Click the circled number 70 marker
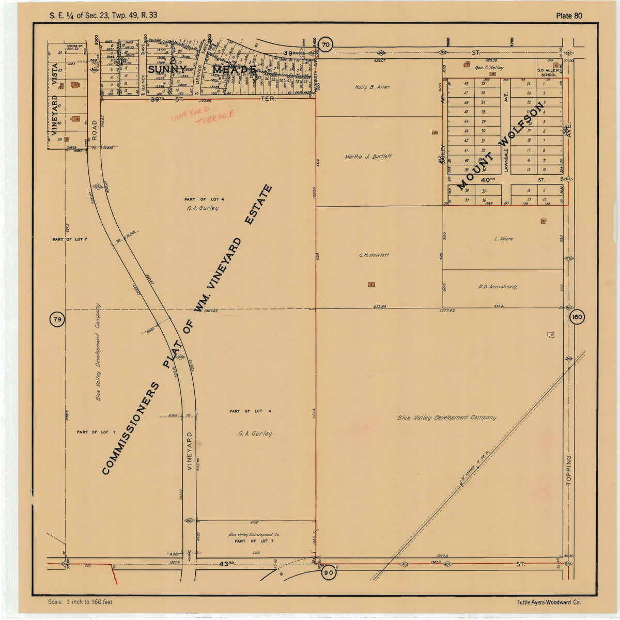tap(325, 45)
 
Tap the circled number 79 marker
tap(57, 320)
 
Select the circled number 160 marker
tap(577, 317)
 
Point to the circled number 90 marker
tap(328, 572)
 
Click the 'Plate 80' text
tap(569, 16)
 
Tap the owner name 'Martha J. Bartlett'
tap(368, 157)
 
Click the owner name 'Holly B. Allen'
tap(372, 87)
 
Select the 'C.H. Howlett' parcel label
tap(374, 255)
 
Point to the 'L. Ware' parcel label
tap(503, 239)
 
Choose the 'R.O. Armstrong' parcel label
tap(498, 286)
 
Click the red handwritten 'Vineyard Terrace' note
tap(203, 116)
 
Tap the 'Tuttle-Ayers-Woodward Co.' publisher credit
tap(548, 602)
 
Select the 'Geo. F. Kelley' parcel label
tap(489, 68)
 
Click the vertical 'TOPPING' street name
tap(569, 470)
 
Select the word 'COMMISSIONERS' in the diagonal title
tap(131, 428)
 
